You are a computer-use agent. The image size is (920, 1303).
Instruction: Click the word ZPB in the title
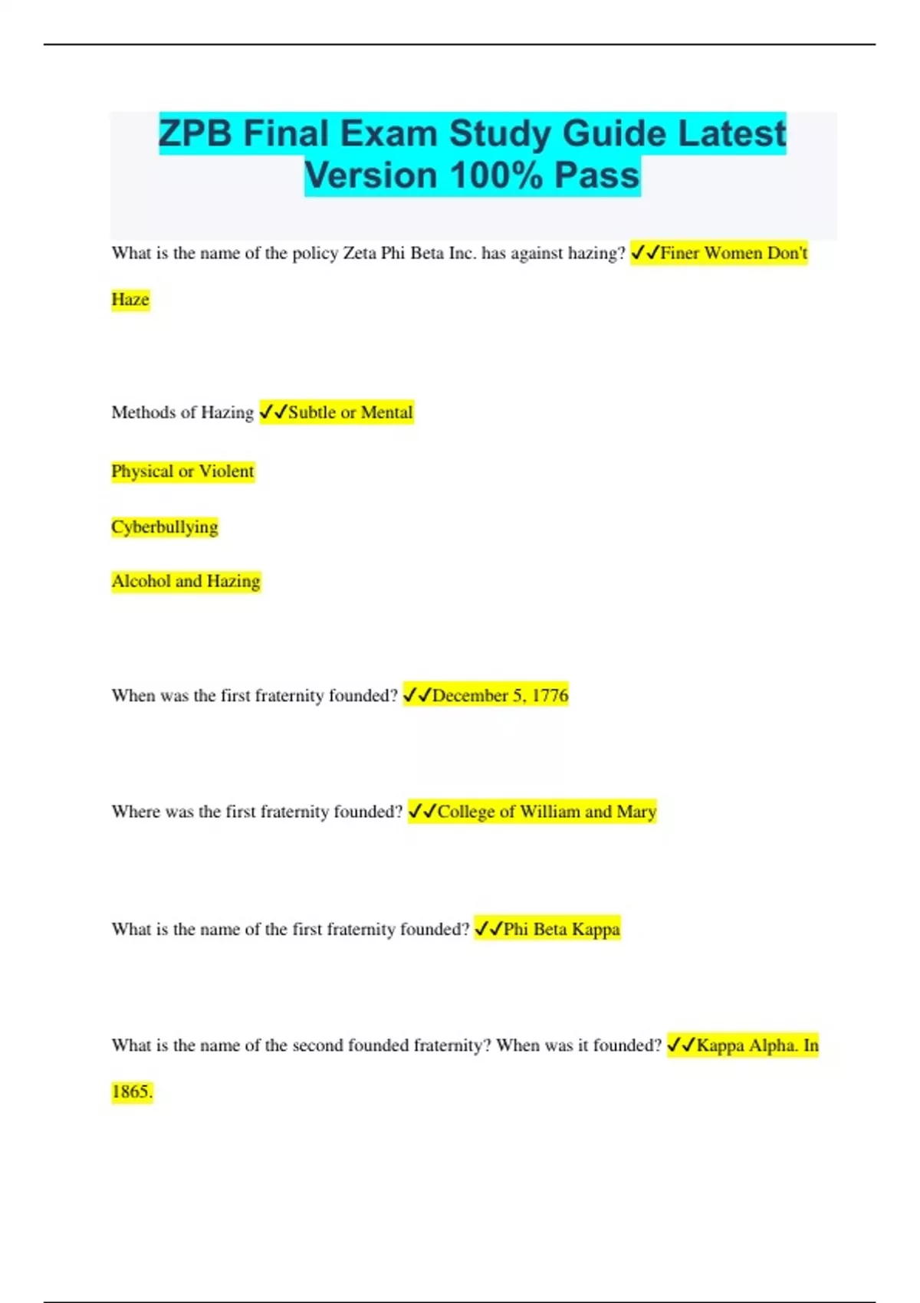pos(195,134)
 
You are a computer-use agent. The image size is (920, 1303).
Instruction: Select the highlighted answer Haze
pos(130,300)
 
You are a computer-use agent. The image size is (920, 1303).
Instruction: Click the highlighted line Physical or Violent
pos(182,471)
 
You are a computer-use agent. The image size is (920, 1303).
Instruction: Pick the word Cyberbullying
pos(165,527)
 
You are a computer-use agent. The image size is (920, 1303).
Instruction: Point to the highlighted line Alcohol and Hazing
pos(186,582)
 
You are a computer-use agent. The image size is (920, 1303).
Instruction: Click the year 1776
pos(550,696)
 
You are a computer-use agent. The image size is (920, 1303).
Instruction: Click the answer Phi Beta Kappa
pos(561,930)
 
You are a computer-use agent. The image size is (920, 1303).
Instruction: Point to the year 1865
pos(132,1092)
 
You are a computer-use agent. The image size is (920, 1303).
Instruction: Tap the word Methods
pos(143,413)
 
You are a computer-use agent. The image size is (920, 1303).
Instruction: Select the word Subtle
pos(312,413)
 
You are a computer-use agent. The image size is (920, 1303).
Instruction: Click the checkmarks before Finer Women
pos(645,253)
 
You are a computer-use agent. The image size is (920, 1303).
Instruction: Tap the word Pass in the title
pos(596,176)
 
